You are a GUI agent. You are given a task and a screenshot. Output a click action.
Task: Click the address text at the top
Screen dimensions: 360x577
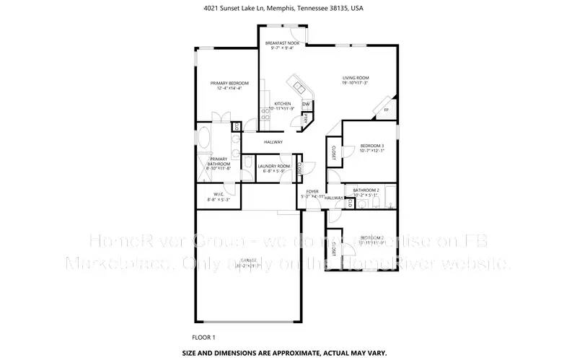coord(288,9)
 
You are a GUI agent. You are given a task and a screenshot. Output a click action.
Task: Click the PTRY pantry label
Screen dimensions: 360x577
coord(306,117)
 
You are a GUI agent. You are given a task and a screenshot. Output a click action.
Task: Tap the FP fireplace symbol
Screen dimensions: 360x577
coord(386,110)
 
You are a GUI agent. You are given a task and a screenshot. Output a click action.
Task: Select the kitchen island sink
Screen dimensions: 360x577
coord(297,81)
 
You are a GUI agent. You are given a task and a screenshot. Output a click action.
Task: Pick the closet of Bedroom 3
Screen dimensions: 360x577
coord(334,152)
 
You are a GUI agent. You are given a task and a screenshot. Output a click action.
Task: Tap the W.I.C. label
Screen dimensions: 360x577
coord(219,196)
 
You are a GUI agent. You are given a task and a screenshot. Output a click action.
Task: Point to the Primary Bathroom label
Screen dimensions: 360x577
coord(219,161)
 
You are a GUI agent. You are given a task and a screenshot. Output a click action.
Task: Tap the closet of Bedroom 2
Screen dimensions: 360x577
coord(333,248)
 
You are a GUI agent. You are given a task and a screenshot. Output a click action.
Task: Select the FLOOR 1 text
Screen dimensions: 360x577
coord(203,337)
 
